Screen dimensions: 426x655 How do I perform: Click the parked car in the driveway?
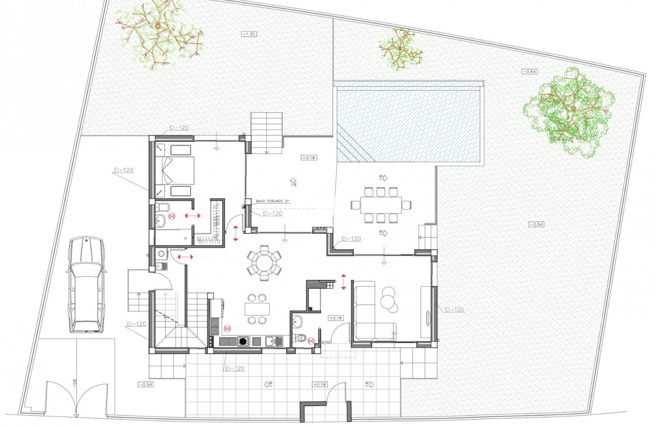pyautogui.click(x=86, y=285)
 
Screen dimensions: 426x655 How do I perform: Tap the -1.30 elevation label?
pyautogui.click(x=250, y=34)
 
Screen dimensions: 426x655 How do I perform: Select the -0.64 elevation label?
pyautogui.click(x=529, y=71)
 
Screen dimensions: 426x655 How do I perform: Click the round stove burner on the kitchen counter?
pyautogui.click(x=243, y=341)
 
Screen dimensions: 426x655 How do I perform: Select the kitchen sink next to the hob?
pyautogui.click(x=274, y=341)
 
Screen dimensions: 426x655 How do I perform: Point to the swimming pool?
pyautogui.click(x=409, y=122)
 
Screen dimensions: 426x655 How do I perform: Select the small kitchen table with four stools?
pyautogui.click(x=257, y=309)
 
